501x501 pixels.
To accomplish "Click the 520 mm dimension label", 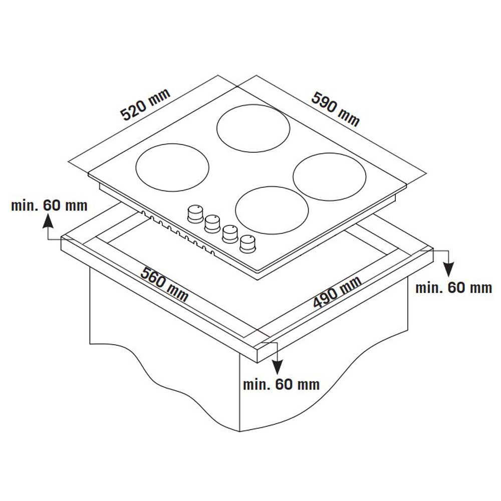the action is coord(145,105).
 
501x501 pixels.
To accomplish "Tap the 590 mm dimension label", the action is coord(336,109).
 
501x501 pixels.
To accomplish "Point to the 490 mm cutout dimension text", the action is coord(337,292).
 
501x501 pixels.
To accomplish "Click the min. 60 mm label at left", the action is coord(49,205).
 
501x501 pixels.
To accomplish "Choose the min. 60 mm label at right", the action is coord(453,288).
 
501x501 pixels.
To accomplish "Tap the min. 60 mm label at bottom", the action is coord(281,384).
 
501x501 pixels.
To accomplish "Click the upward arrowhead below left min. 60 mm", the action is coord(48,221).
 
